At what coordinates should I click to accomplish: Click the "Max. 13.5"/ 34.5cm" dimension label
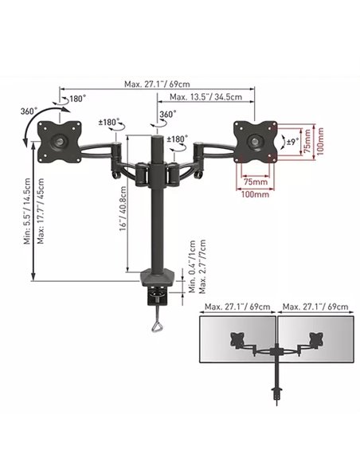tap(205, 96)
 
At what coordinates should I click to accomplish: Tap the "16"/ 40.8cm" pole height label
tap(123, 208)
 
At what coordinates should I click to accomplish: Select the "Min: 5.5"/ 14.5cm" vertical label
tap(28, 211)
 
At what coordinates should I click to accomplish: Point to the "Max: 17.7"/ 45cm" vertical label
tap(41, 211)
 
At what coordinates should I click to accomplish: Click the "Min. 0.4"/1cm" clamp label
tap(192, 267)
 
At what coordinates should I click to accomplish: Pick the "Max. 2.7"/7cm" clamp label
tap(202, 267)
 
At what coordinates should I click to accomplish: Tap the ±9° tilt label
tap(292, 142)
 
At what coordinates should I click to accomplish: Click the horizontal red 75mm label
tap(256, 182)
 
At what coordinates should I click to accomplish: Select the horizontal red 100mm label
tap(256, 194)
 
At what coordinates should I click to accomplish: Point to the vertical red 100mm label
tap(319, 142)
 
